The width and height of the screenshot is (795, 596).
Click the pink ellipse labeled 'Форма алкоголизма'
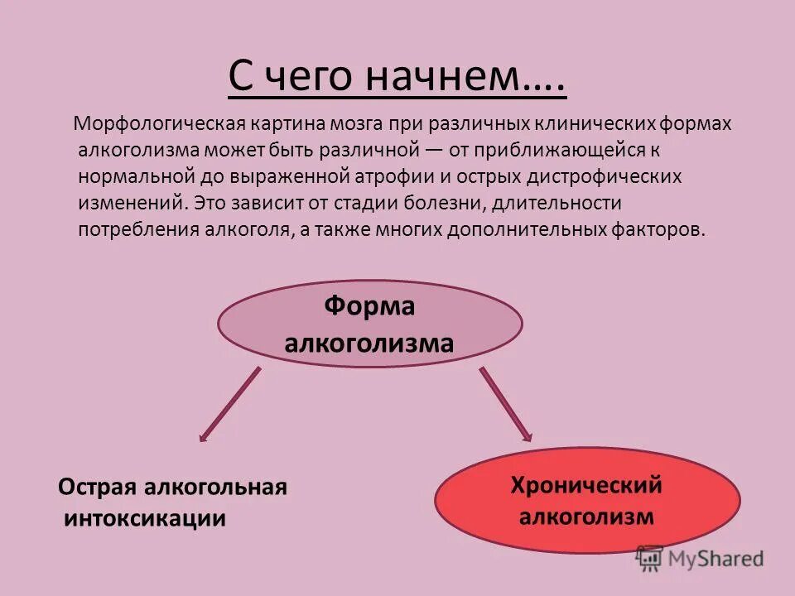coord(369,324)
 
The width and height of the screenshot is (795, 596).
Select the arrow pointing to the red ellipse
coord(506,404)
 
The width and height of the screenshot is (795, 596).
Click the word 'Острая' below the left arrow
coord(99,488)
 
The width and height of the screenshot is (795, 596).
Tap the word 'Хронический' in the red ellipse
coord(586,485)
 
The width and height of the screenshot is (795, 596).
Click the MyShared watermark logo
coord(701,558)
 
